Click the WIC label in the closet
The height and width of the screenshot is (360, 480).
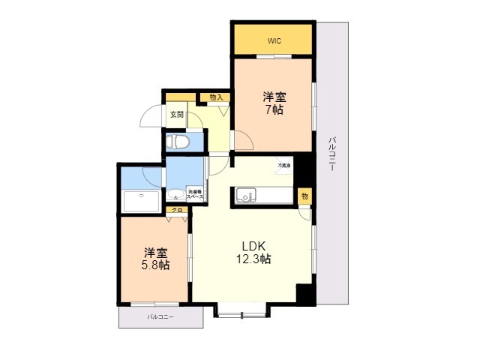(x=272, y=40)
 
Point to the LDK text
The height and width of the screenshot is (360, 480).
(x=253, y=246)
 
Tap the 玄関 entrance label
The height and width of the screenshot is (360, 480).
(x=176, y=115)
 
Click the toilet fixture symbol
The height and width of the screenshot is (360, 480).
(x=180, y=142)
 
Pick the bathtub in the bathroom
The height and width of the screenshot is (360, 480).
(x=140, y=201)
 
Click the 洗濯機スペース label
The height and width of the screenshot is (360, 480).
(x=195, y=193)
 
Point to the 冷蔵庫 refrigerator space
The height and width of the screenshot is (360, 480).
(x=284, y=165)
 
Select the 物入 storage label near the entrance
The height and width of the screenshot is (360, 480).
(x=216, y=97)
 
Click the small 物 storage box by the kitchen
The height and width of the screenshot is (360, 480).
(x=304, y=196)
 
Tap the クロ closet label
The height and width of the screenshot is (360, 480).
(x=178, y=212)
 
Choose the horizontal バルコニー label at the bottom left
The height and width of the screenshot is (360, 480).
(x=160, y=318)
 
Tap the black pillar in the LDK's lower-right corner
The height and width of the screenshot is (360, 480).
(x=304, y=293)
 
